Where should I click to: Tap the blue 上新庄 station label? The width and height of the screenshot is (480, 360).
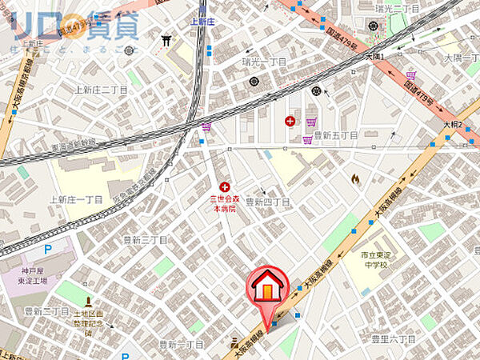point(205,24)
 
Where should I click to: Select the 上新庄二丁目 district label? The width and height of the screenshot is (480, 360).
point(100,90)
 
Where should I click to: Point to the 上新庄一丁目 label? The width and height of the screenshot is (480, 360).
point(77,199)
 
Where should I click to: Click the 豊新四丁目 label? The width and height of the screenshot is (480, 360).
point(267,202)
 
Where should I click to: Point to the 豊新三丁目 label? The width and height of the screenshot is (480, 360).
point(145,239)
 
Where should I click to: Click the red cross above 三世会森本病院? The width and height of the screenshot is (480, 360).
point(224,186)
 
